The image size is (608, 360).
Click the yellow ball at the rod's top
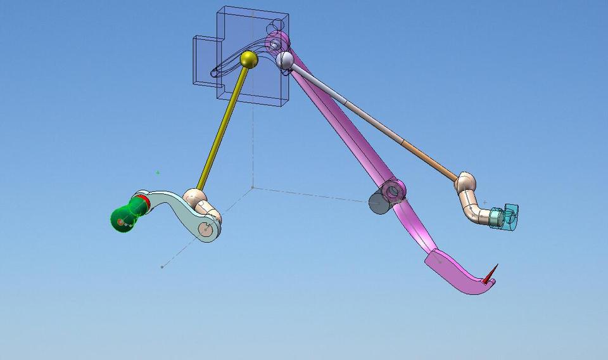249,60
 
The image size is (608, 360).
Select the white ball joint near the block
284,60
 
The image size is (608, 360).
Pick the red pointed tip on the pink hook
491,274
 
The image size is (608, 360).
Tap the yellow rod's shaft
223,127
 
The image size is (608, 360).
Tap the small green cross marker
158,172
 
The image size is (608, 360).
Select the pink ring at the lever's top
275,43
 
